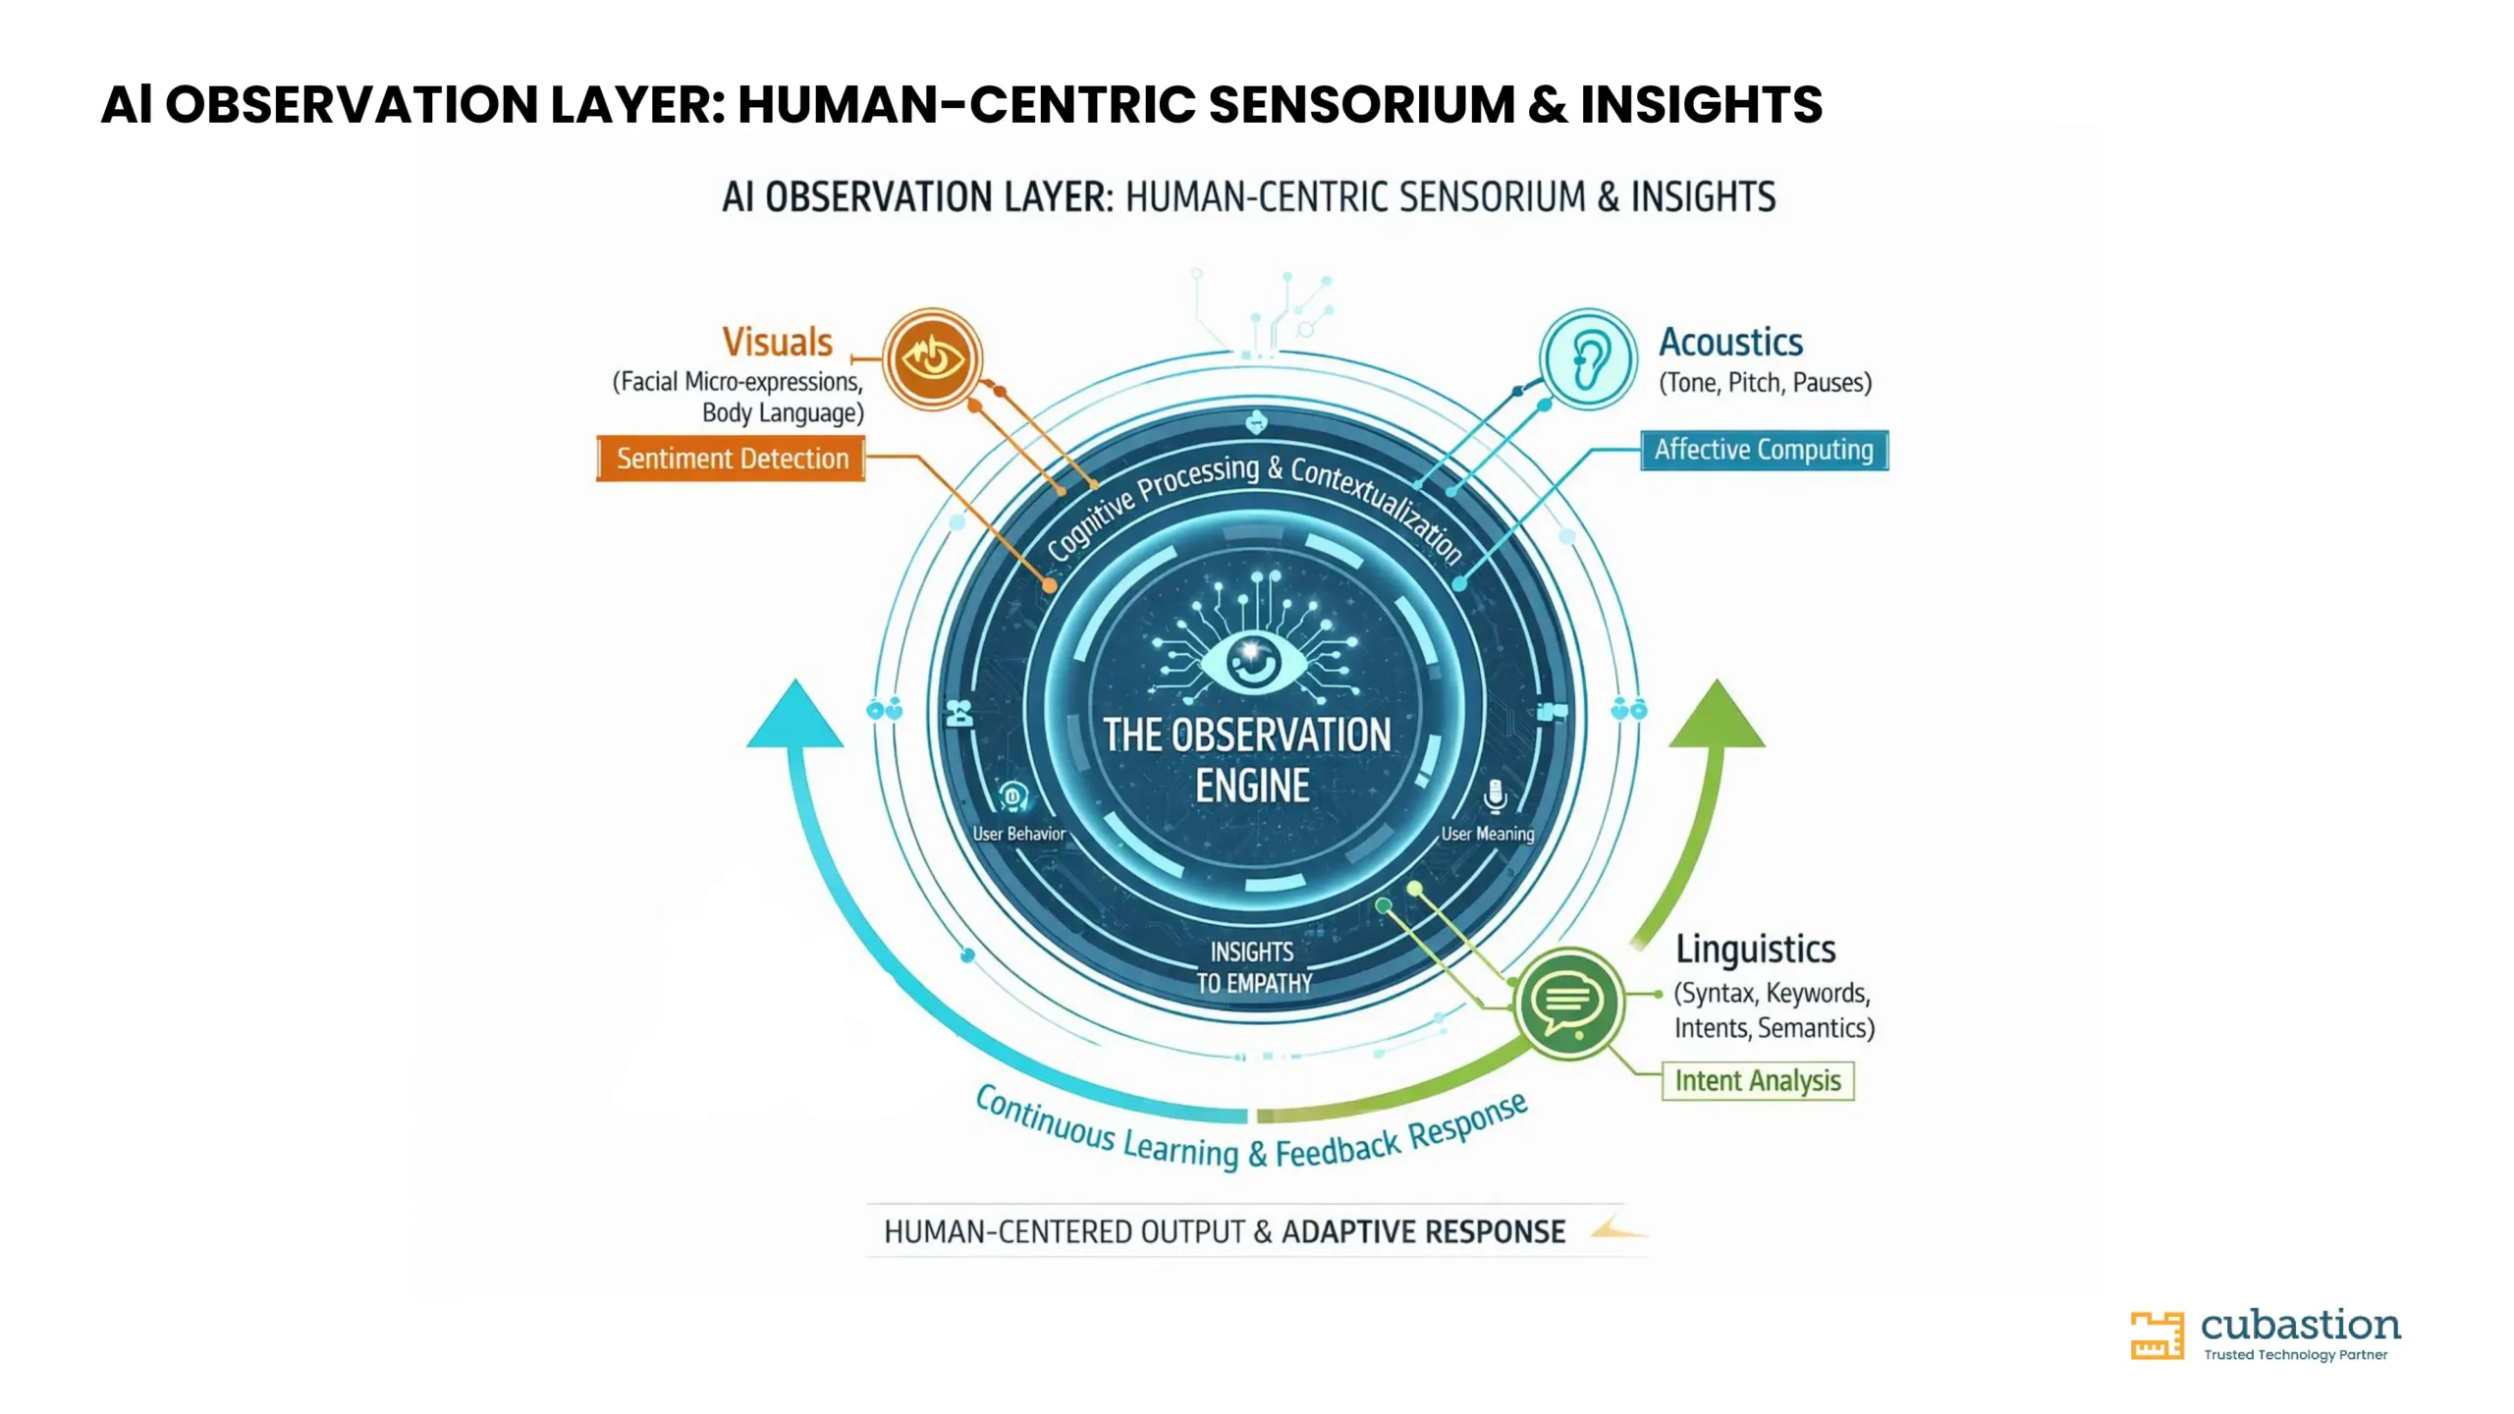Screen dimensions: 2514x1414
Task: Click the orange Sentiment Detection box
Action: click(x=731, y=458)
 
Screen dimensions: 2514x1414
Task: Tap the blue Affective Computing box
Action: click(x=1764, y=450)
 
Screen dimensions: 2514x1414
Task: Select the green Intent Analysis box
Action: click(x=1758, y=1080)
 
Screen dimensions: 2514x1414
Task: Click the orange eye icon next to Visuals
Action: click(x=932, y=358)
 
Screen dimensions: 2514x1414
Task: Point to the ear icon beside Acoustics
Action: click(x=1587, y=359)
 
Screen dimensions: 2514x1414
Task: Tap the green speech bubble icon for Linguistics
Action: click(x=1567, y=1003)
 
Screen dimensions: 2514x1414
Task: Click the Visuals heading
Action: click(x=777, y=342)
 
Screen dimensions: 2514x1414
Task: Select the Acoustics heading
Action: click(x=1730, y=342)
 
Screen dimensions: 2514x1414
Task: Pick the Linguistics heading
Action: click(x=1755, y=949)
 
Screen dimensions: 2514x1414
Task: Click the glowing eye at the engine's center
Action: click(x=1251, y=661)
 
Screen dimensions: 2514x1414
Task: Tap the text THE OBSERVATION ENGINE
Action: click(x=1248, y=760)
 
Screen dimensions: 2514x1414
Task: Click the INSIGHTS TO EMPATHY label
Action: click(x=1253, y=967)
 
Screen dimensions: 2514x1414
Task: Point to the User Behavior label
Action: click(x=1018, y=834)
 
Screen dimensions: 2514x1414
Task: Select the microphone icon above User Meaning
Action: click(x=1495, y=795)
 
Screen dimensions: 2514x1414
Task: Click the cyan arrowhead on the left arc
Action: click(x=794, y=714)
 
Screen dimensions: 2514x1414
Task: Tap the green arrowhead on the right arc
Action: click(x=1717, y=714)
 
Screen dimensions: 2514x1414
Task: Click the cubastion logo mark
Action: click(x=2157, y=1335)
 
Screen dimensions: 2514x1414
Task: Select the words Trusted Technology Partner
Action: click(x=2295, y=1355)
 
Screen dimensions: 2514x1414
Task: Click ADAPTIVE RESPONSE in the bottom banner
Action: click(x=1423, y=1231)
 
